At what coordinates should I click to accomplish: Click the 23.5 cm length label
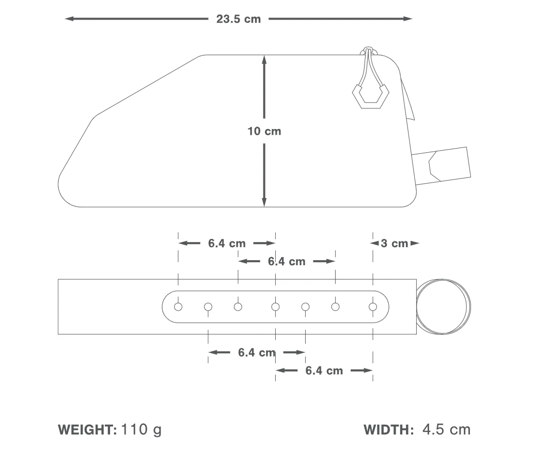[x=239, y=19]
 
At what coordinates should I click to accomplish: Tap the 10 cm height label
[x=264, y=132]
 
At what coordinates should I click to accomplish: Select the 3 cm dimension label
[x=395, y=244]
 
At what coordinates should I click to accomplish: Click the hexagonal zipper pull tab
[x=370, y=96]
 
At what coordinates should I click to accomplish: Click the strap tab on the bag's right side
[x=442, y=166]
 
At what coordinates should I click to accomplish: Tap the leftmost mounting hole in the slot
[x=178, y=307]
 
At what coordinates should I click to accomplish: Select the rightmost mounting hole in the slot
[x=373, y=307]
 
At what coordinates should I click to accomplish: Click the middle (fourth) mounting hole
[x=275, y=307]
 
